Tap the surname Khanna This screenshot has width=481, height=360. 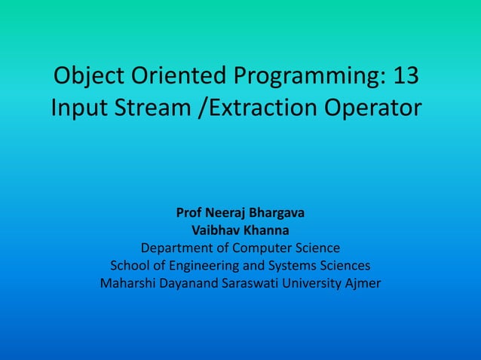pyautogui.click(x=264, y=230)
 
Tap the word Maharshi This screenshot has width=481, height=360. pyautogui.click(x=129, y=284)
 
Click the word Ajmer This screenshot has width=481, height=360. pyautogui.click(x=363, y=284)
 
